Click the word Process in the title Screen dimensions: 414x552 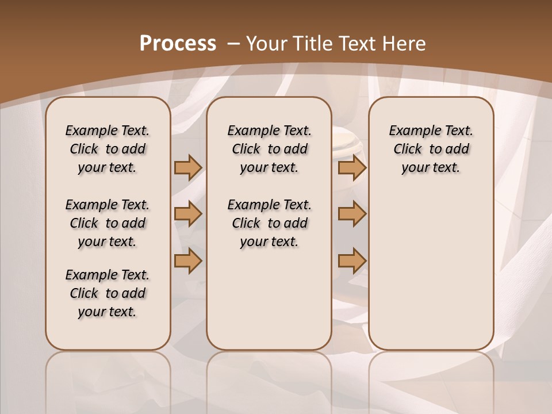point(178,44)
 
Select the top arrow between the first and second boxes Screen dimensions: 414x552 point(188,167)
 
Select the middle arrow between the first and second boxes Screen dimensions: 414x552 point(188,214)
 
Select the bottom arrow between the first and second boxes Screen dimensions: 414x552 point(188,261)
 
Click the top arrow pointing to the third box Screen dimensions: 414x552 point(352,167)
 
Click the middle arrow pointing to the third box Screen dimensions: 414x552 point(352,214)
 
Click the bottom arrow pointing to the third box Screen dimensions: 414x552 point(352,261)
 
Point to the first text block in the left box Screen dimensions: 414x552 point(108,149)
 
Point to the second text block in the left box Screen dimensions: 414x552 point(108,223)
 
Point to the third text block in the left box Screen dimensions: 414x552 point(108,293)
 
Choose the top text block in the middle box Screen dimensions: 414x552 point(269,149)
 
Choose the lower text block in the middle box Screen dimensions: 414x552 point(269,223)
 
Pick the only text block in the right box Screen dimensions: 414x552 point(431,149)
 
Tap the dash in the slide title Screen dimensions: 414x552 point(233,44)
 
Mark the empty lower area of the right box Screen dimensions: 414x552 point(431,264)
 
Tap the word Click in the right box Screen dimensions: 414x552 point(408,149)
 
